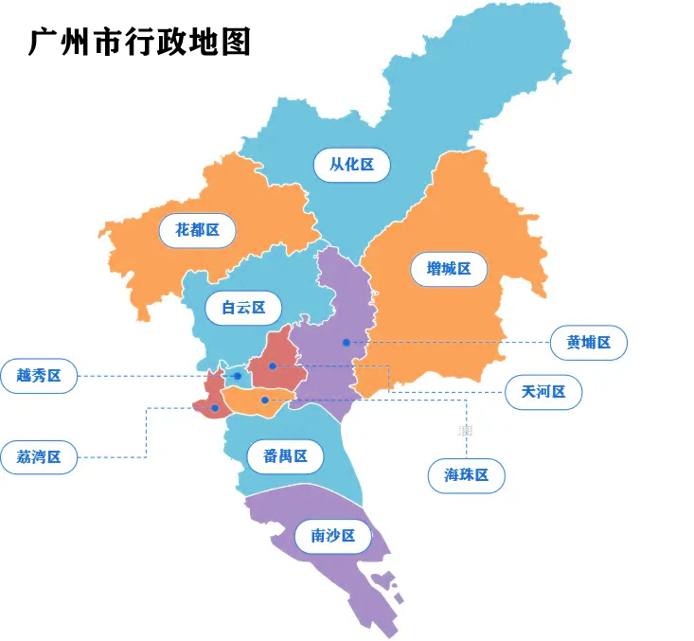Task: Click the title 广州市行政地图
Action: pos(140,42)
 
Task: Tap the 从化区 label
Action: pos(351,165)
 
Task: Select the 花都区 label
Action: pos(197,229)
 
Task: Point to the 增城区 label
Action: pos(449,269)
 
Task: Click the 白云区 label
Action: pos(244,307)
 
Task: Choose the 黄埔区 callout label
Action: pos(589,343)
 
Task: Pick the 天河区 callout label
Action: pos(543,391)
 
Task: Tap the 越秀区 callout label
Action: pos(39,376)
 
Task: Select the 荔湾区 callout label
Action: pos(39,457)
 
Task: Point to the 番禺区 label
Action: pos(285,456)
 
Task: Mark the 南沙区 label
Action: pos(332,537)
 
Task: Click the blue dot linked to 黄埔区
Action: pos(347,342)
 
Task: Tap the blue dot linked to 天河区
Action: pos(272,365)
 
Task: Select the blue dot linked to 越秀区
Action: pos(238,377)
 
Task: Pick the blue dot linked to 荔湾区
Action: pos(215,408)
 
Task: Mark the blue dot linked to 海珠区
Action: pos(265,401)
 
